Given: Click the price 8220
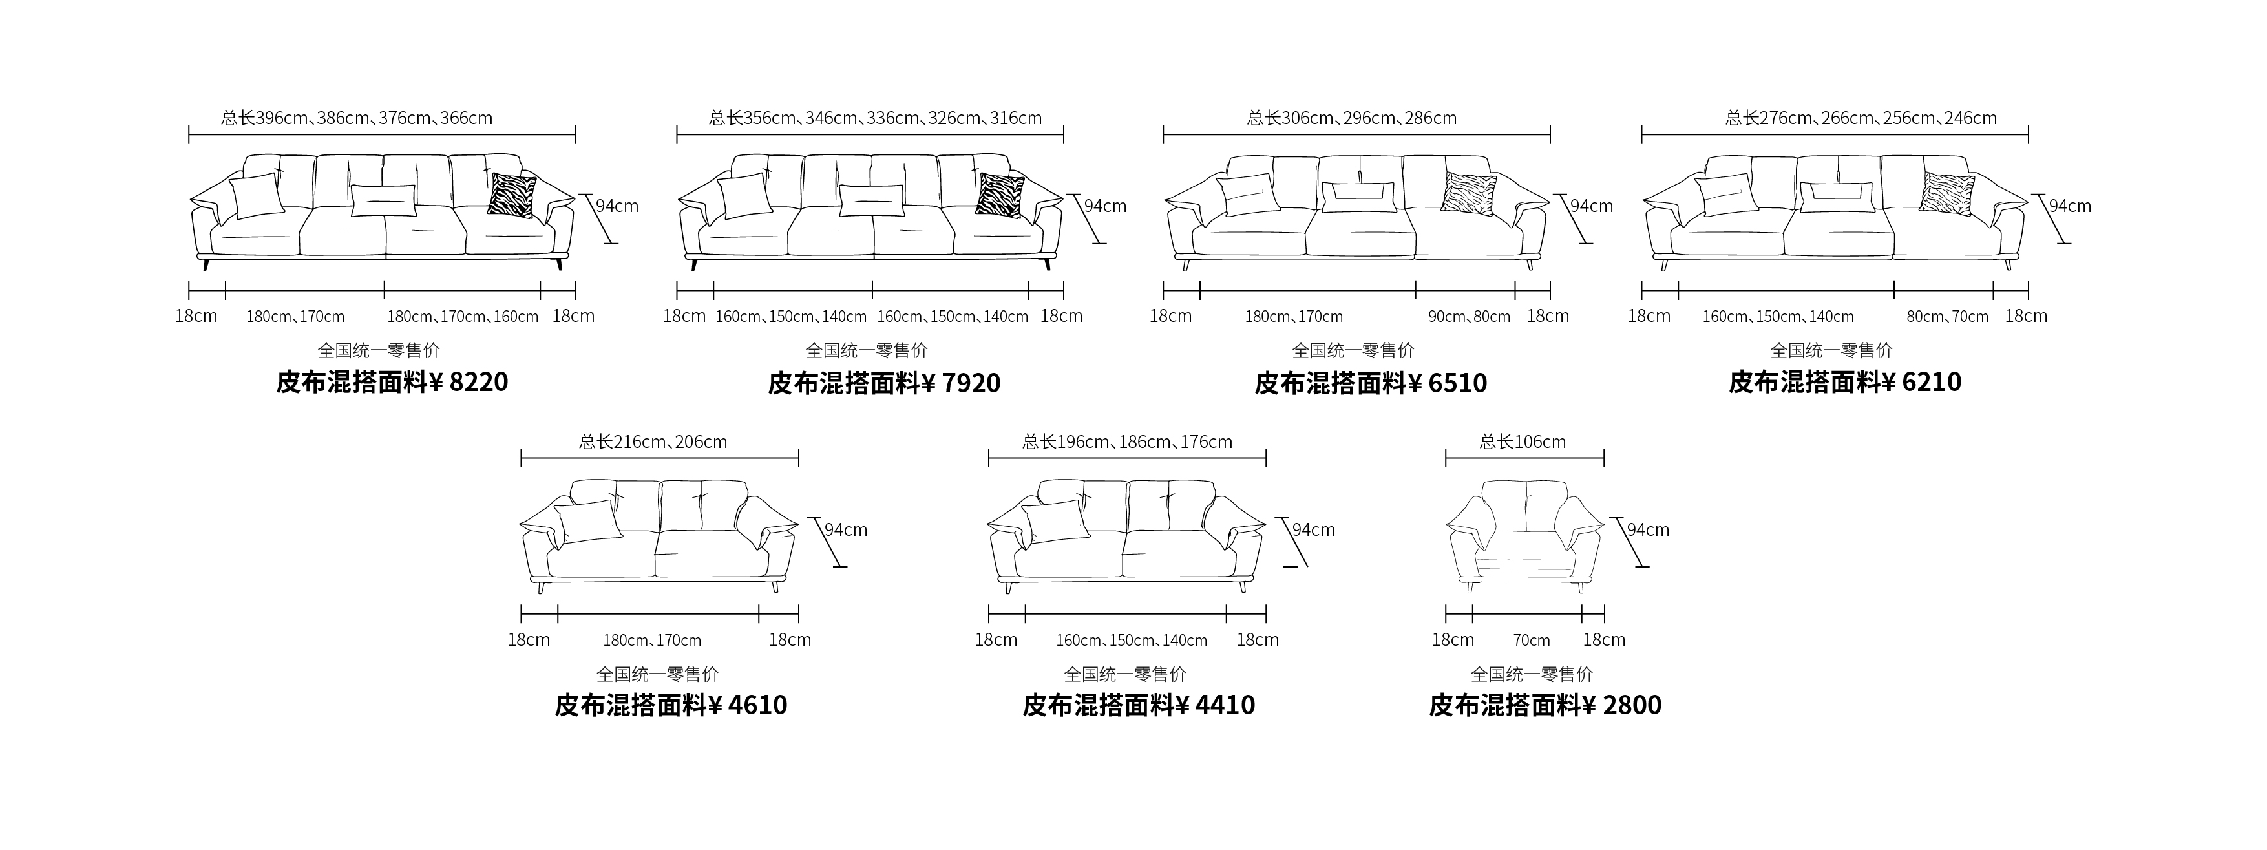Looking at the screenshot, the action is [479, 382].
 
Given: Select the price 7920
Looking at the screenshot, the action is [971, 383].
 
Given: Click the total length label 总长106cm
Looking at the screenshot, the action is [1523, 441].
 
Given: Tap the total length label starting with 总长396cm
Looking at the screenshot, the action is [357, 118].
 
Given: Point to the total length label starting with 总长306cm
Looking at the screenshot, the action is [1353, 118].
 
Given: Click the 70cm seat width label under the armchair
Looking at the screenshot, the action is [1532, 641].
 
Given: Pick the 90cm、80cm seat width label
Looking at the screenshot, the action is [1470, 317].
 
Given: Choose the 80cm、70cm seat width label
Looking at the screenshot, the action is [1948, 317].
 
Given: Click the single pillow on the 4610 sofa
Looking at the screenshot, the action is [589, 521].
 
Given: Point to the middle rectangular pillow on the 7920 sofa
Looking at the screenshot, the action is [871, 200].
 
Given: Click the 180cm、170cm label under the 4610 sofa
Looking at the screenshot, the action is [652, 641].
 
